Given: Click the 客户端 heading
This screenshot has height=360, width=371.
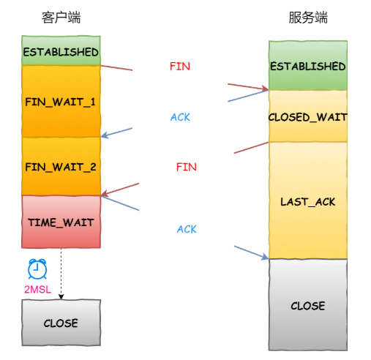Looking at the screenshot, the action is [x=61, y=18].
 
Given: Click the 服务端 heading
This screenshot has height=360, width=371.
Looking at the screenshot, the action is [x=308, y=18].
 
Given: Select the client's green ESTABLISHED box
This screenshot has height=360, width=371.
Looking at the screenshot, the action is [x=61, y=50].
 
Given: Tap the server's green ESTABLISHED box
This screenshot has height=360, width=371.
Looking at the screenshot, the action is [x=308, y=65].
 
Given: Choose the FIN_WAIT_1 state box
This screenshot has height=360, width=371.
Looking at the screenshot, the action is [x=61, y=101].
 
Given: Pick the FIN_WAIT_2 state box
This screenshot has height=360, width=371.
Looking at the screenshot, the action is [x=61, y=166].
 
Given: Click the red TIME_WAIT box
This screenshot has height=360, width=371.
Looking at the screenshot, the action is [x=61, y=222].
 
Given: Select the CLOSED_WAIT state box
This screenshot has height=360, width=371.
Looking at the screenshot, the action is [x=308, y=116].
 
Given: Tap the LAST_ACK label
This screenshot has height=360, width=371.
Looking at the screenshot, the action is [x=308, y=202].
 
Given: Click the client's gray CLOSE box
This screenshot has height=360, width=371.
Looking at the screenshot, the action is [x=61, y=323].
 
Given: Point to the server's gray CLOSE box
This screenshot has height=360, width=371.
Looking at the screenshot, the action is [x=308, y=305].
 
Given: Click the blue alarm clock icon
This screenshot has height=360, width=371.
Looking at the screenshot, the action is [x=37, y=269].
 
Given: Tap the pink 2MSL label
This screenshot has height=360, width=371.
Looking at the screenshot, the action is [x=37, y=290].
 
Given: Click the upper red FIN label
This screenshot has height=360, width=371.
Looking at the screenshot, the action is [x=180, y=67].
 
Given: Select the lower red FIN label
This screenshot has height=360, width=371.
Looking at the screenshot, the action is [x=187, y=167].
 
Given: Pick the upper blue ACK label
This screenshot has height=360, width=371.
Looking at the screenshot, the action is [x=180, y=117].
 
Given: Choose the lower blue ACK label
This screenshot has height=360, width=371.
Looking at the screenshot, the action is [x=187, y=229].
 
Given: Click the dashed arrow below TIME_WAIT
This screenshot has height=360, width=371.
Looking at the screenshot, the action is [x=61, y=274].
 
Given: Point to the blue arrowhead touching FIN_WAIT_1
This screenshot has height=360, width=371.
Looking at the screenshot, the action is [x=105, y=135].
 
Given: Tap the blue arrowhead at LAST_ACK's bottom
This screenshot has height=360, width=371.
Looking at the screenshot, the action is [x=265, y=256].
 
